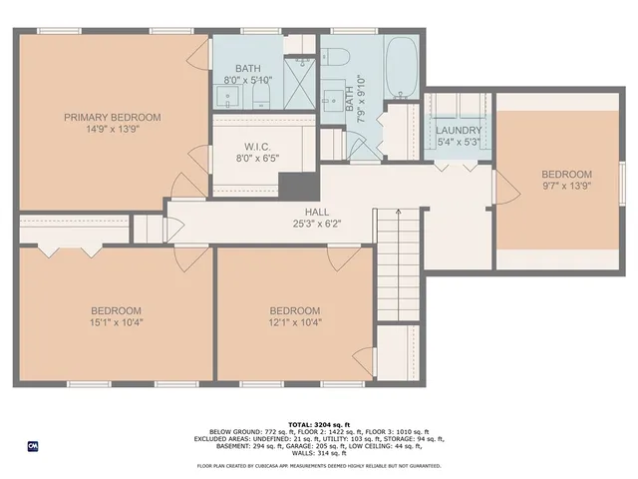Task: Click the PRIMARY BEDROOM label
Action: (x=113, y=117)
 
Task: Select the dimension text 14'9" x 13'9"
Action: (x=113, y=130)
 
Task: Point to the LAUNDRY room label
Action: (x=459, y=131)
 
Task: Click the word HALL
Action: (x=317, y=212)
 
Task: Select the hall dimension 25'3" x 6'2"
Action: (x=317, y=225)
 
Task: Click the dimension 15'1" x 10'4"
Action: (x=117, y=321)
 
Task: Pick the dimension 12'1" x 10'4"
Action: (x=295, y=321)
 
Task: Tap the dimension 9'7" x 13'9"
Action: (x=566, y=186)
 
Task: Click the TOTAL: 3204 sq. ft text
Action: (x=319, y=424)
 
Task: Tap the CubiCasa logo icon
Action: (x=32, y=446)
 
